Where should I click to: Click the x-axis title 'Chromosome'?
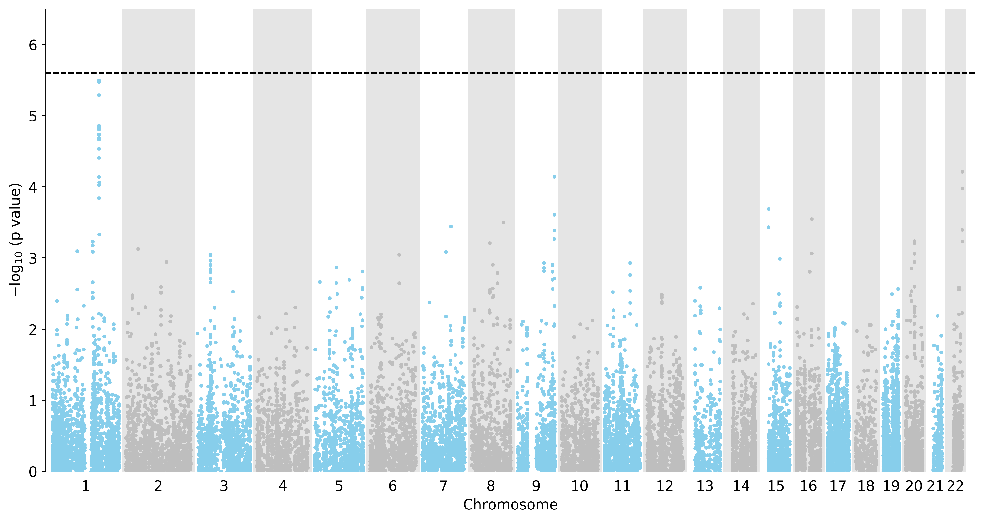tap(510, 505)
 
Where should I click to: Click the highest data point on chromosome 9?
tap(554, 177)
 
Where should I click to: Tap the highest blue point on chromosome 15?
tap(769, 209)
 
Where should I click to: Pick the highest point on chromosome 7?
tap(451, 227)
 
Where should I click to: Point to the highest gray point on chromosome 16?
tap(812, 219)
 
